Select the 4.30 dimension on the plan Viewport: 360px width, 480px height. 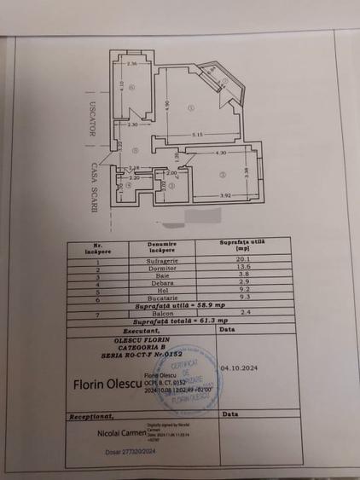click(x=220, y=153)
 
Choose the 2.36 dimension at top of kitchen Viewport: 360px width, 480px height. click(x=132, y=64)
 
